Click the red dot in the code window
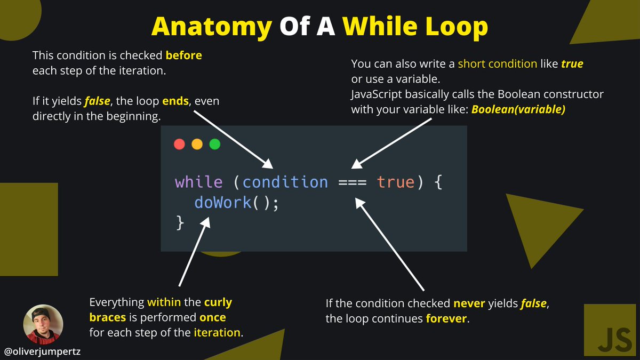click(180, 145)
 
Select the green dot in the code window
click(214, 145)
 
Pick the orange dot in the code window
click(197, 145)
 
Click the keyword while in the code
click(198, 182)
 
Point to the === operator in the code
click(352, 182)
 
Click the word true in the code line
click(395, 182)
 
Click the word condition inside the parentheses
click(285, 182)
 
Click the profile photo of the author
click(43, 324)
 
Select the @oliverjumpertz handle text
click(42, 352)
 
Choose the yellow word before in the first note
click(184, 55)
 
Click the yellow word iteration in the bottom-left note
click(217, 332)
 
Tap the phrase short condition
click(498, 63)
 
